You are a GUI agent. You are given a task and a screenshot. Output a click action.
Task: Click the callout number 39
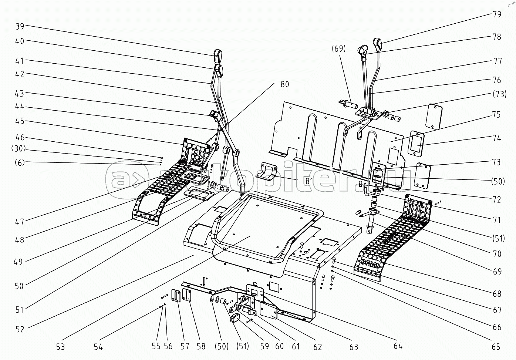[20, 26]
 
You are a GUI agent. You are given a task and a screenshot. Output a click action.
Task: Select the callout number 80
[284, 84]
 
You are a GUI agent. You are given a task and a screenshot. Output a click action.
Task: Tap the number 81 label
[304, 181]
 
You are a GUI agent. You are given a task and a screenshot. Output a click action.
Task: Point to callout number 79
[497, 14]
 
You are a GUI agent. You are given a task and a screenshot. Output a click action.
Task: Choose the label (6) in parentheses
[19, 162]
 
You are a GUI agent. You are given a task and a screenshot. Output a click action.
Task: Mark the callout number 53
[60, 346]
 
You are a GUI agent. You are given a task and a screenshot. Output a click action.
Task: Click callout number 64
[398, 346]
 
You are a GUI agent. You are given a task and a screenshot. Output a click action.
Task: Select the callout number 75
[497, 114]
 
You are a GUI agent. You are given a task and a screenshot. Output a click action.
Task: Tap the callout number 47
[20, 222]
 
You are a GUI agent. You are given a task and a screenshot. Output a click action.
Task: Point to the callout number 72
[497, 199]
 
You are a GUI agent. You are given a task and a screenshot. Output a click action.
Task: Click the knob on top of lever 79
[377, 44]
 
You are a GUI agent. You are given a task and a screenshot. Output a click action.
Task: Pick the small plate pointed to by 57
[176, 296]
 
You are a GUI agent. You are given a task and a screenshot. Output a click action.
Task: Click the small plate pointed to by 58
[188, 296]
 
